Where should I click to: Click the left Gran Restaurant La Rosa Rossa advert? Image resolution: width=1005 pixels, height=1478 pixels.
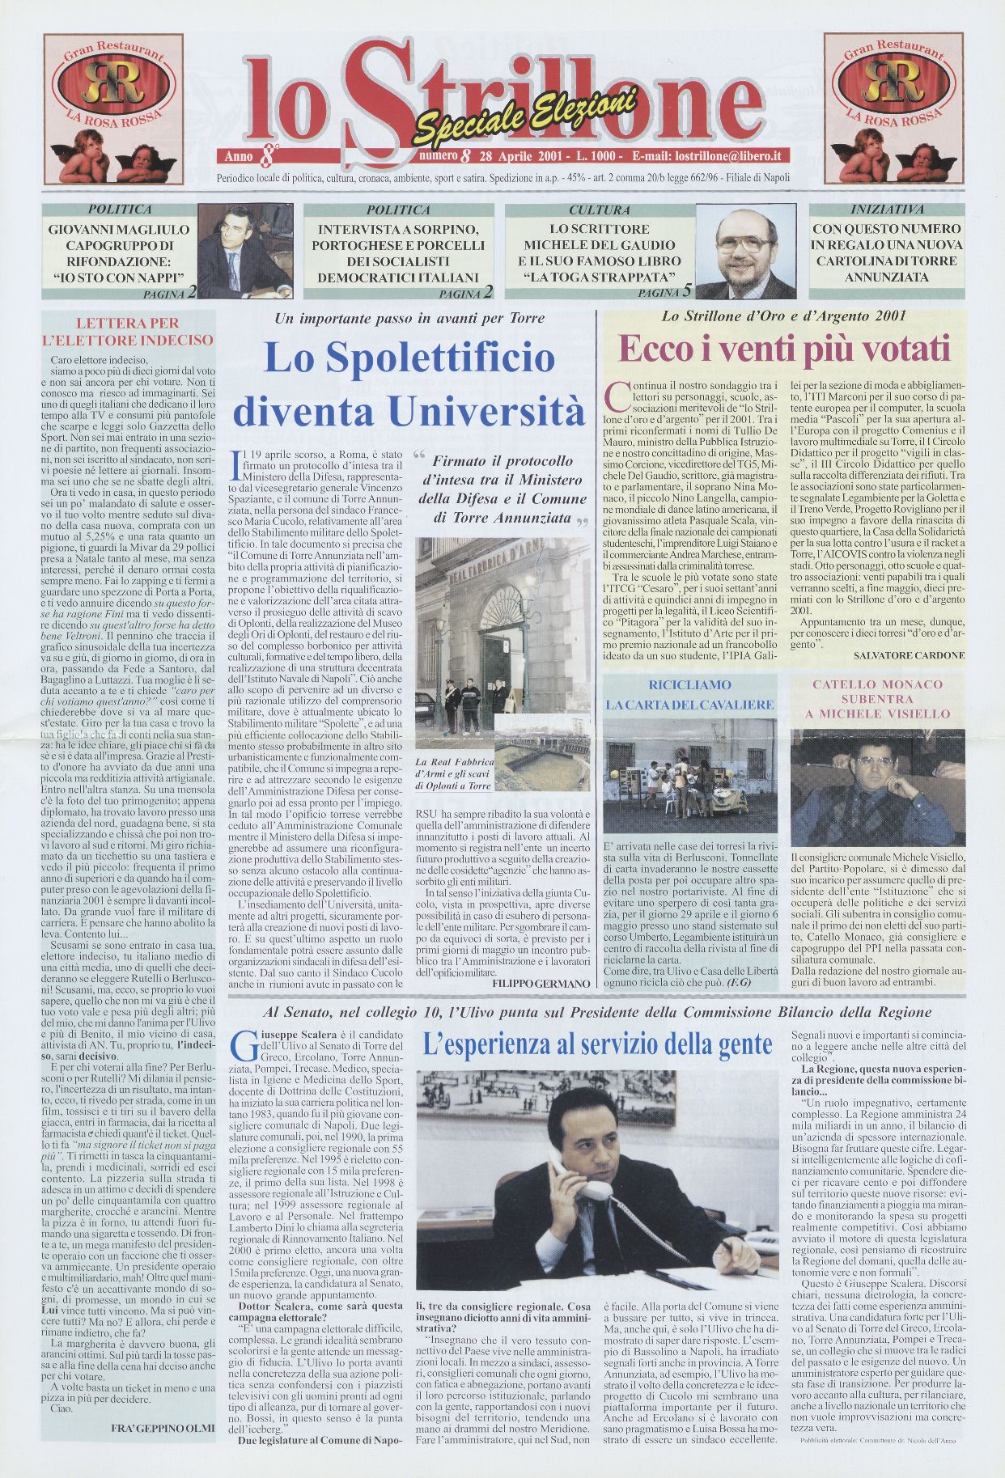(112, 108)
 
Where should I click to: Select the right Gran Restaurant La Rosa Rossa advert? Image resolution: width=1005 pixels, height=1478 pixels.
(893, 108)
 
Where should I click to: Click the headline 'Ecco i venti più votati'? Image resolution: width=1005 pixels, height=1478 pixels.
(783, 349)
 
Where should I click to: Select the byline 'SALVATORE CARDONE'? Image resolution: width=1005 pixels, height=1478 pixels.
(909, 655)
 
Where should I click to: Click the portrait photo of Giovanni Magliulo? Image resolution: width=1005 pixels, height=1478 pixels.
(244, 252)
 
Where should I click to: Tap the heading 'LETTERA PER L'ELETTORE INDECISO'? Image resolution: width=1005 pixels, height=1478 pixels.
(128, 332)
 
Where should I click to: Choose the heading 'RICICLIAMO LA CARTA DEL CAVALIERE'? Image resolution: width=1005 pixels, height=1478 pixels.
(689, 695)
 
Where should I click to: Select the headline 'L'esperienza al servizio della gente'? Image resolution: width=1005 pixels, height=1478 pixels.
(597, 1044)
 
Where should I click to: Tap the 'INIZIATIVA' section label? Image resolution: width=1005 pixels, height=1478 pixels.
(887, 210)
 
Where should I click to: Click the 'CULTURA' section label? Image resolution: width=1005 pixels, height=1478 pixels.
(599, 210)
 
